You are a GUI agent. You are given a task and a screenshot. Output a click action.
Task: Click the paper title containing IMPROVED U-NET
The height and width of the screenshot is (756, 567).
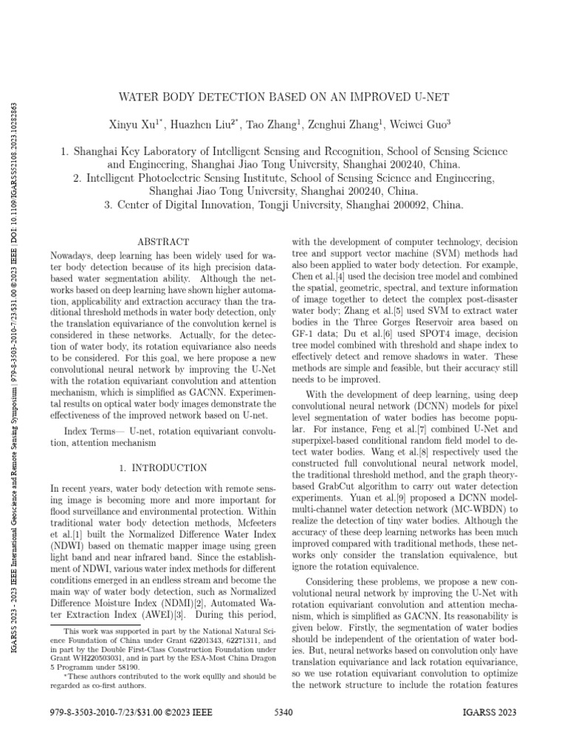(283, 97)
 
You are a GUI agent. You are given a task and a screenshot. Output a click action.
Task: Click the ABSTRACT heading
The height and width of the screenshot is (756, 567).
(164, 241)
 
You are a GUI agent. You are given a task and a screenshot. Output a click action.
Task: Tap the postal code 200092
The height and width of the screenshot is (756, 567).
(403, 205)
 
